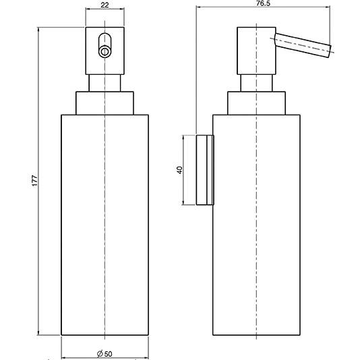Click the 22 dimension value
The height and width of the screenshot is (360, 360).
pos(104,5)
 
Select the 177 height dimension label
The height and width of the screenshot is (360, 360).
pos(34,181)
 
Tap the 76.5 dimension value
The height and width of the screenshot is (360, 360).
pos(264,3)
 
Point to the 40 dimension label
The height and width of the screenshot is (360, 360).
pos(180,170)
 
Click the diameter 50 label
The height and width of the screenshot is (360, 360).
pos(104,354)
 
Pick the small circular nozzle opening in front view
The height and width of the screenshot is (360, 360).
pos(104,52)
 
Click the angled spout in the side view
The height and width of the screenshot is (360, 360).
pos(303,45)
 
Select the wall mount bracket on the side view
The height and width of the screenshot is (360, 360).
pos(205,170)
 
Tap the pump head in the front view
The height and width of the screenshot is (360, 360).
pos(105,51)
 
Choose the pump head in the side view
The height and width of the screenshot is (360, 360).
pos(256,51)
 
